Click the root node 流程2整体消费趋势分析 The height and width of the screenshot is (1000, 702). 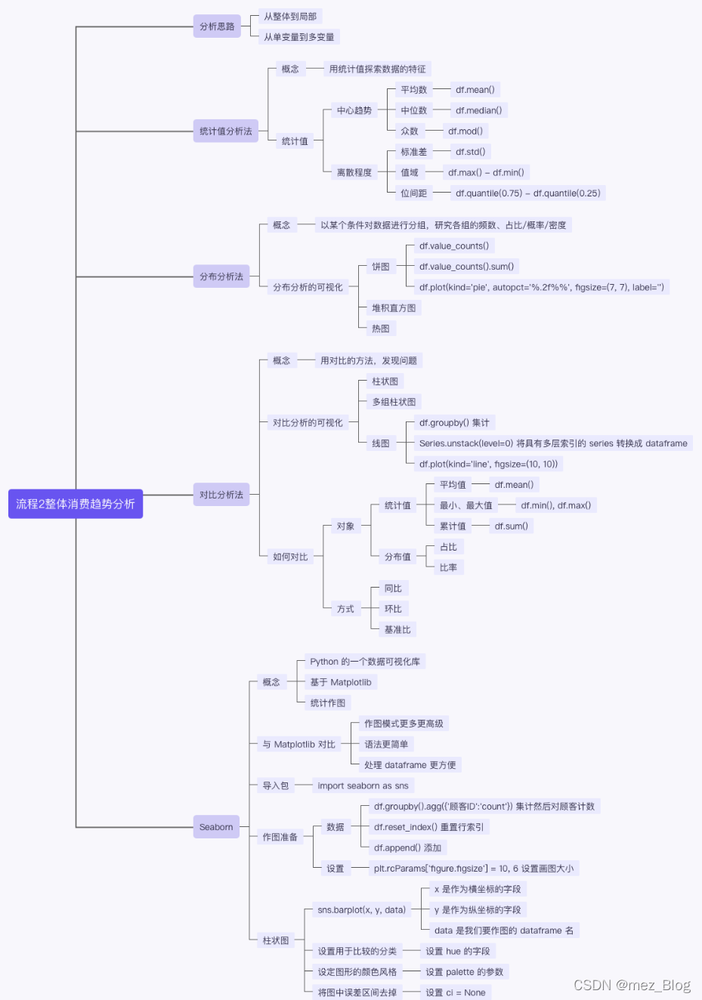coord(76,504)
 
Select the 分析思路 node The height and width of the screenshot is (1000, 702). coord(217,26)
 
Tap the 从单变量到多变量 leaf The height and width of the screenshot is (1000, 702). coord(298,37)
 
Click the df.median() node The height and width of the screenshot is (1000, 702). coord(478,110)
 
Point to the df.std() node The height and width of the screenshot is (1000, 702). coord(470,152)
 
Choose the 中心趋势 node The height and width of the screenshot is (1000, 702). coord(354,110)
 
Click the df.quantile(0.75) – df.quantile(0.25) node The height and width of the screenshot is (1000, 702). coord(527,193)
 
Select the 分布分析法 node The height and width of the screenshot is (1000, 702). coord(221,276)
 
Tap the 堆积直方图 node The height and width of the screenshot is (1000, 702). coord(394,308)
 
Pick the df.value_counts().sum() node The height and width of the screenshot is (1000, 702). coord(466,267)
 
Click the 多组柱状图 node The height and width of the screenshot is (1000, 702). coord(394,402)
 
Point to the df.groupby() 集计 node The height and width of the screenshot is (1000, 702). coord(454,423)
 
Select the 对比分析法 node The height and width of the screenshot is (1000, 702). coord(221,495)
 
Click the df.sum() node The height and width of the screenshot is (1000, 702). coord(511,526)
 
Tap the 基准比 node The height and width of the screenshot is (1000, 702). coord(397,630)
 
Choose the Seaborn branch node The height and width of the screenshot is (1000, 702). coord(216,827)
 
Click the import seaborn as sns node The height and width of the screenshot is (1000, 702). coord(363,785)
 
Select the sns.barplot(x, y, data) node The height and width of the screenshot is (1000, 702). coord(361,910)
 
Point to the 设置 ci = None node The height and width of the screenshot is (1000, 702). coord(455,992)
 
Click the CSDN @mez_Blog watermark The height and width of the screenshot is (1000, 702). coord(632,985)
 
